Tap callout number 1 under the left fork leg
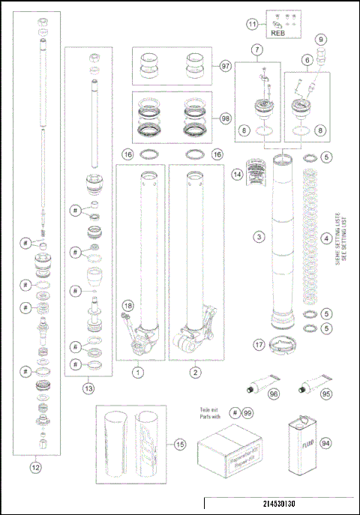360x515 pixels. [x=138, y=370]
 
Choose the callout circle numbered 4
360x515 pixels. [x=326, y=239]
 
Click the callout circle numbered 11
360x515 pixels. [x=253, y=24]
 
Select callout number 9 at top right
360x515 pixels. [x=320, y=40]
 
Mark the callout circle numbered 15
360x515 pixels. [x=179, y=445]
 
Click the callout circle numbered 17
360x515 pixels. [x=259, y=346]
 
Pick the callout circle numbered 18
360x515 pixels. [x=128, y=305]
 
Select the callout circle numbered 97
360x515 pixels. [x=226, y=66]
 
